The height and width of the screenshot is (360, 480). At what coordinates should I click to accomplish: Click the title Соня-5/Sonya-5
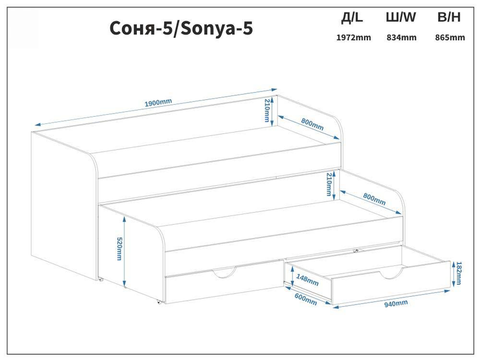click(181, 29)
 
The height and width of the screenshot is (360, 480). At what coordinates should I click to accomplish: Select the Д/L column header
click(352, 17)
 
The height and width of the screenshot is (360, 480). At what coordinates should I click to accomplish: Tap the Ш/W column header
click(401, 17)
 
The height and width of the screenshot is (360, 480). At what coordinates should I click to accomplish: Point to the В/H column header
click(449, 17)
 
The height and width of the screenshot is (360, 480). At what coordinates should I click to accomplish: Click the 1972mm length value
click(353, 37)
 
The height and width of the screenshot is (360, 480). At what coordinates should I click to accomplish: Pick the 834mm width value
click(401, 37)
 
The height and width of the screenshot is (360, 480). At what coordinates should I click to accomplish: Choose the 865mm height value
click(450, 37)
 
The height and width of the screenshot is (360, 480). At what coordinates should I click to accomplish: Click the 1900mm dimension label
click(158, 103)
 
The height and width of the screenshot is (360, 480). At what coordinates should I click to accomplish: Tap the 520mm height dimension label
click(119, 249)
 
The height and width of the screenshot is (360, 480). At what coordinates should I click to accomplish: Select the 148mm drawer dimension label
click(307, 280)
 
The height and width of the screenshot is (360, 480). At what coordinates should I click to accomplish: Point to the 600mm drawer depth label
click(305, 299)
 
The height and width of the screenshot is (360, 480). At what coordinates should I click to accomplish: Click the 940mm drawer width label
click(396, 303)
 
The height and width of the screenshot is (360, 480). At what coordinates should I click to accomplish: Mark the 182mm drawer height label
click(458, 273)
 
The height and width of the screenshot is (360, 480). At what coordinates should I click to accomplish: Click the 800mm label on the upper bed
click(312, 124)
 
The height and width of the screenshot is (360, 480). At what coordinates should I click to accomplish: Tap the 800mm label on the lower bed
click(374, 199)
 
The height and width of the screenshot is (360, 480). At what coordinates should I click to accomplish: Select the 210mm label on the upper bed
click(267, 110)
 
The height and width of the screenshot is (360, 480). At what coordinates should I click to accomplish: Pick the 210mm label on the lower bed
click(329, 184)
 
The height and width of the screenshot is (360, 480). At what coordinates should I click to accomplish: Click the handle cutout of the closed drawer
click(225, 274)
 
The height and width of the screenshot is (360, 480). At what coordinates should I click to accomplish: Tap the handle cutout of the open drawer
click(391, 275)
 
